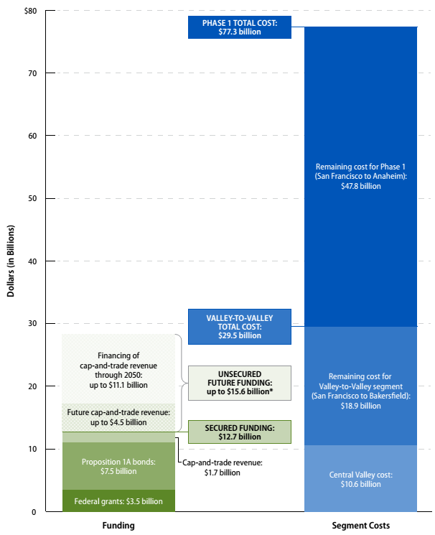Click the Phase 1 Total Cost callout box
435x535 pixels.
click(x=239, y=27)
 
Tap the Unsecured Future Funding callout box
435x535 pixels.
click(x=239, y=383)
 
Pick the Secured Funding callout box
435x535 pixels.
click(x=239, y=432)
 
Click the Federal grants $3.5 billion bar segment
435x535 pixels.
click(x=118, y=501)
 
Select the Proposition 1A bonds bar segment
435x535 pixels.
click(x=118, y=465)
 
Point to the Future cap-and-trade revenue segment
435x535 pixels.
click(x=118, y=417)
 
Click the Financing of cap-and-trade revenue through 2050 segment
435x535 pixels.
click(x=118, y=369)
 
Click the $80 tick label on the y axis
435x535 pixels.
click(x=31, y=11)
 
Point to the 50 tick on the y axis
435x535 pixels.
click(x=32, y=198)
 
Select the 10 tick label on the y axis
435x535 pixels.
click(x=32, y=449)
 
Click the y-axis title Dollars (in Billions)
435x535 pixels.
click(x=9, y=261)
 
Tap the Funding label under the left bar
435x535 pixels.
click(x=118, y=526)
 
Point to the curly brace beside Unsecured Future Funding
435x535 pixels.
click(x=181, y=383)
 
